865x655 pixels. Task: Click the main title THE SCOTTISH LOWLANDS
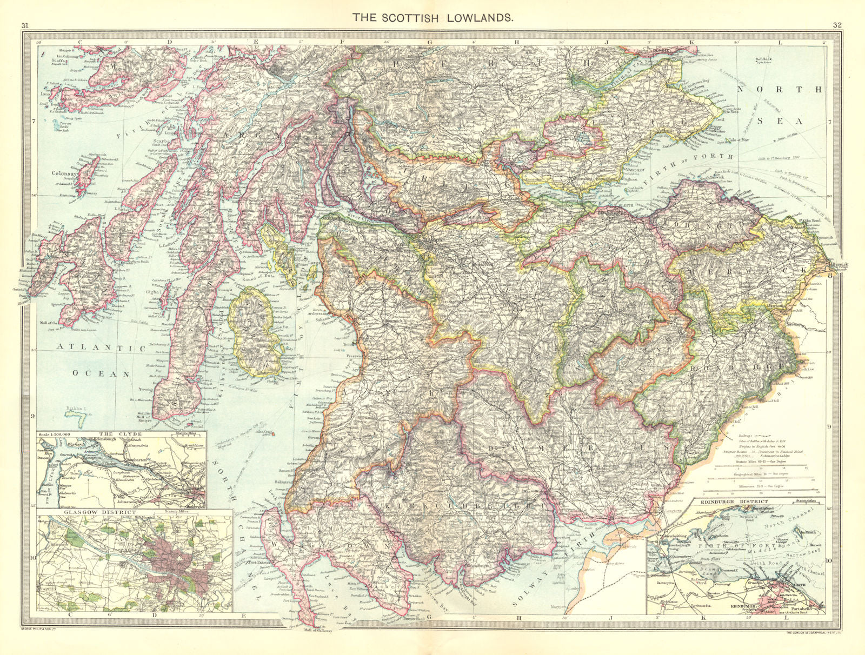point(433,17)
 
